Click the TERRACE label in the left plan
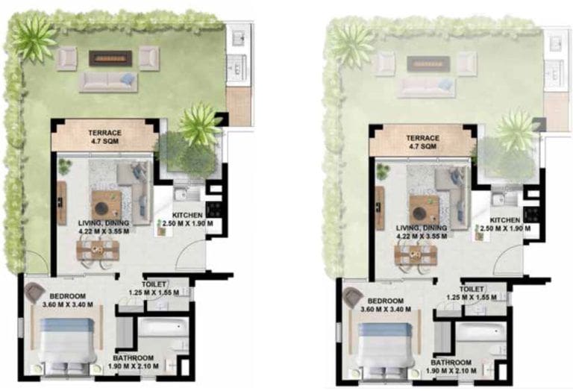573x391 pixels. click(104, 133)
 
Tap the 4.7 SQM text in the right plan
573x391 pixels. click(422, 148)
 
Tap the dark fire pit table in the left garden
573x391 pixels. click(110, 57)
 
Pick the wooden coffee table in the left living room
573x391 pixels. click(106, 203)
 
